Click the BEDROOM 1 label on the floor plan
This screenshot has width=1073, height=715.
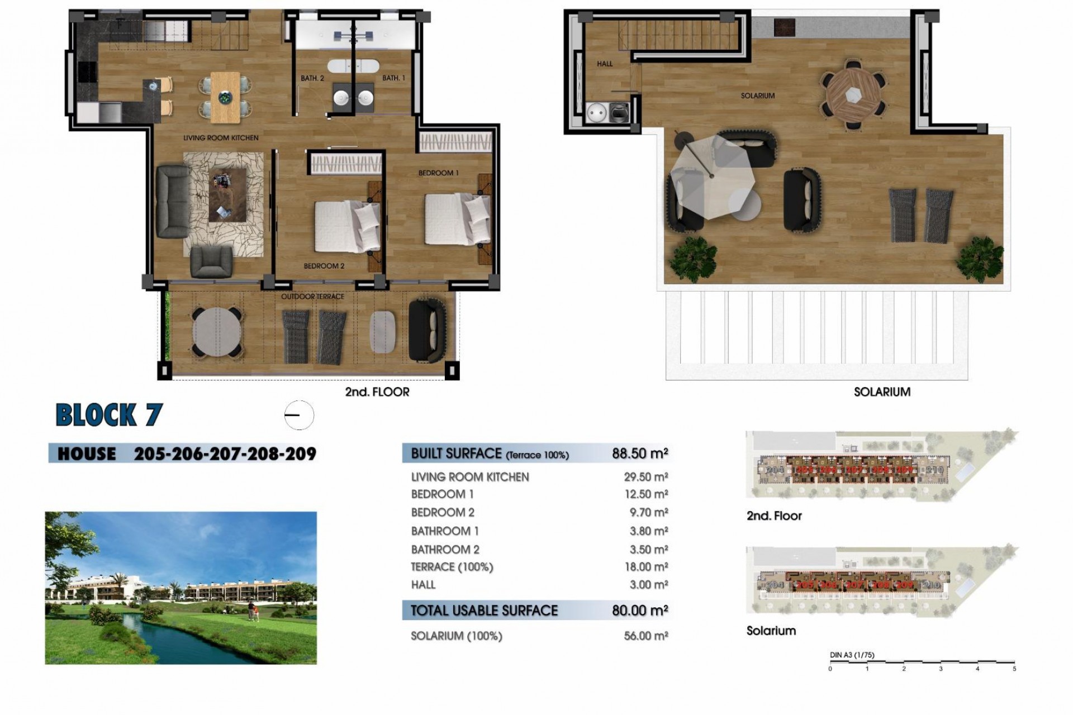(x=438, y=173)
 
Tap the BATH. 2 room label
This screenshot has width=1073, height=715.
(x=312, y=78)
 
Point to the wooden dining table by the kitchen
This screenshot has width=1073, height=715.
(x=225, y=97)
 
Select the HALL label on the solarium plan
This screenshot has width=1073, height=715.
(x=605, y=64)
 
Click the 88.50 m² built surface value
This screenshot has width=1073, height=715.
(x=639, y=454)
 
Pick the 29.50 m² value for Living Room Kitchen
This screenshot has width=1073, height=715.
(x=645, y=477)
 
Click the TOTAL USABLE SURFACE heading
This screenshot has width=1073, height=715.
(x=484, y=611)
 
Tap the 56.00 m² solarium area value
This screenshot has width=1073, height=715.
(x=645, y=636)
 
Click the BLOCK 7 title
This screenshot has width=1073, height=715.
(x=109, y=415)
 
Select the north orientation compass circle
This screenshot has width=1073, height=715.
(x=299, y=415)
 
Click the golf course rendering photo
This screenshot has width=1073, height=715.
(x=181, y=588)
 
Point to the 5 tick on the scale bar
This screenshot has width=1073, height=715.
(x=1014, y=668)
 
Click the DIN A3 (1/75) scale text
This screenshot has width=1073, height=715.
(x=852, y=655)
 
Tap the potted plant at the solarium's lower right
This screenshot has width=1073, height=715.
(x=979, y=258)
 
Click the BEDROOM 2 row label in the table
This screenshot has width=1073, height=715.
(x=442, y=512)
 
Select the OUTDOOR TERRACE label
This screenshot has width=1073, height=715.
(x=312, y=297)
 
